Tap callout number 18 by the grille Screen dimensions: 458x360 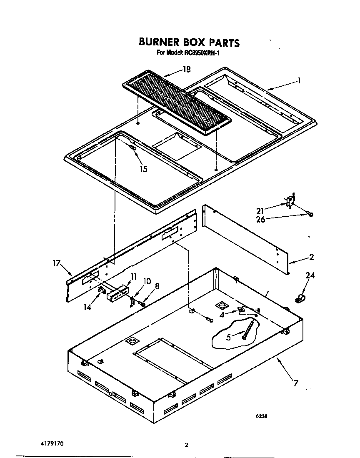point(187,70)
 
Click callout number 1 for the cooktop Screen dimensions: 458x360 point(299,81)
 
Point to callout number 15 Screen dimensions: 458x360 point(143,169)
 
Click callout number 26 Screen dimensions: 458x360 point(260,219)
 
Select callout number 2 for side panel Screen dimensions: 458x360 point(311,257)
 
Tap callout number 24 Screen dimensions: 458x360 point(310,275)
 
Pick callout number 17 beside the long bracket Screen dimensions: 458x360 point(57,263)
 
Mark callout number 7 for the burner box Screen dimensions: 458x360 point(295,383)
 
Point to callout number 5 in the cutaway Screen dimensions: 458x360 point(228,337)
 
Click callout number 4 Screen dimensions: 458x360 point(222,315)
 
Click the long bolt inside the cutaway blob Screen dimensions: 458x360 point(249,329)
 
